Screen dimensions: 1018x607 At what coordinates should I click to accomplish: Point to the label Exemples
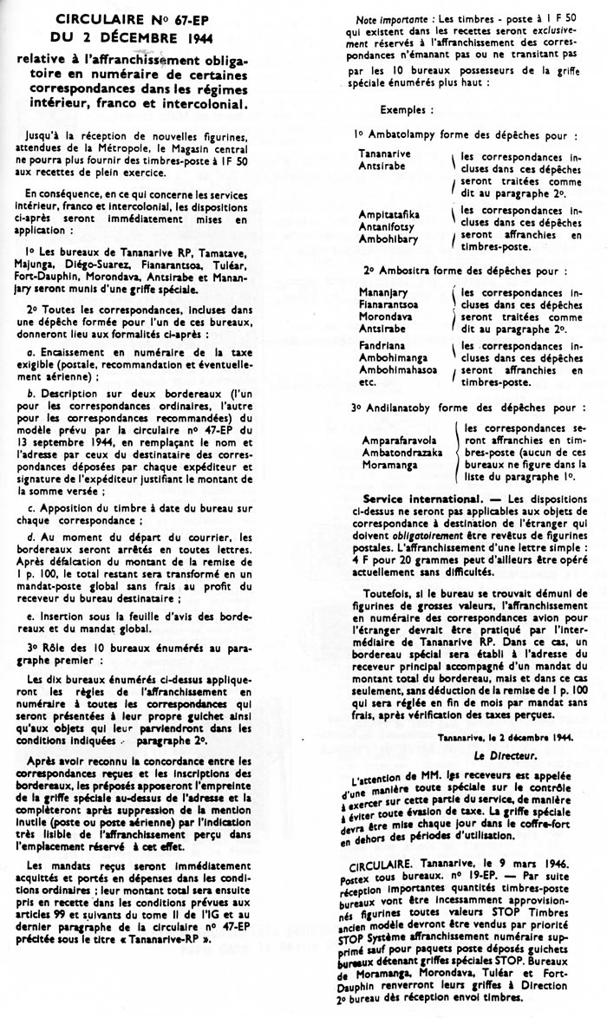click(x=404, y=110)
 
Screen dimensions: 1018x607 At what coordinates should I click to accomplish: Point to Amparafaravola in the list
click(x=399, y=440)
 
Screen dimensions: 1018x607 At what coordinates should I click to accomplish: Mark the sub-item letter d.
click(x=31, y=538)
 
